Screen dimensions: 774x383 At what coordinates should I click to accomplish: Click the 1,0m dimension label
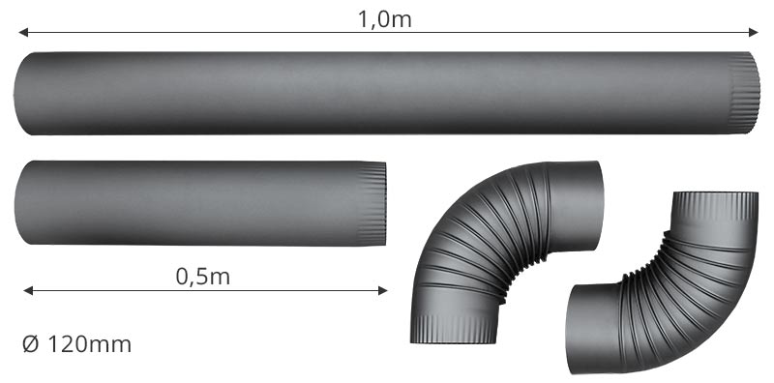click(384, 19)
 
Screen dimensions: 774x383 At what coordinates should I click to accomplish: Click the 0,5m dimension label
click(203, 277)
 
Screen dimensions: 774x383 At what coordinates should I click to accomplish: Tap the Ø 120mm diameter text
click(77, 344)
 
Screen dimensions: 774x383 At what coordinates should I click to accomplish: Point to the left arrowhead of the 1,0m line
click(23, 33)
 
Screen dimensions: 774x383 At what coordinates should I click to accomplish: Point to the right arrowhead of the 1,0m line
click(754, 33)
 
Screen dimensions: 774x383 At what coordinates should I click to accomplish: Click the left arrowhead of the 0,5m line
click(28, 291)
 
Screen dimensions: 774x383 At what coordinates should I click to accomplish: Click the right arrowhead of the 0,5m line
click(382, 291)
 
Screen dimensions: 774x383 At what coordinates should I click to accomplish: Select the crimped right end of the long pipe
click(744, 93)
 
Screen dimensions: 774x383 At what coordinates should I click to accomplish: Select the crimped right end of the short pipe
click(372, 203)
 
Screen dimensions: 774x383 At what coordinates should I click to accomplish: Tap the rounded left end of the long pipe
click(23, 93)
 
